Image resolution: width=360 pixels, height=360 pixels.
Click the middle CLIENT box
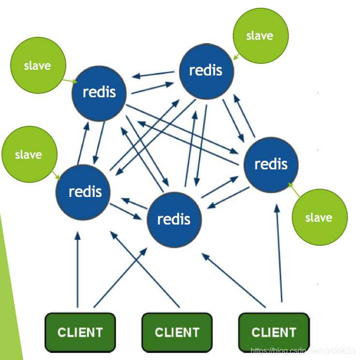[x=177, y=332]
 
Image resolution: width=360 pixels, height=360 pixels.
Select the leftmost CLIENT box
[x=80, y=332]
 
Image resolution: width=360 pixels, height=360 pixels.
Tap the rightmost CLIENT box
[x=274, y=332]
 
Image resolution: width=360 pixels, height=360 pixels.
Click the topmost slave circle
[x=260, y=36]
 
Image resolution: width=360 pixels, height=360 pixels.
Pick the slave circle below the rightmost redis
[x=319, y=217]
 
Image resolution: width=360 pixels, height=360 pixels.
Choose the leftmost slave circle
[x=29, y=155]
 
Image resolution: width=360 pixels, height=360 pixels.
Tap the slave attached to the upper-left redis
[x=38, y=65]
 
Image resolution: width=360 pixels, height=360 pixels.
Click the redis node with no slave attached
[x=174, y=219]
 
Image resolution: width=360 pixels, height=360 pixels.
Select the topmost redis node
[x=207, y=71]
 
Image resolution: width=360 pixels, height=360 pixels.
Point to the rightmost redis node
[x=271, y=164]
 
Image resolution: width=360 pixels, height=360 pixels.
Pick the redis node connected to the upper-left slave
[x=99, y=92]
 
